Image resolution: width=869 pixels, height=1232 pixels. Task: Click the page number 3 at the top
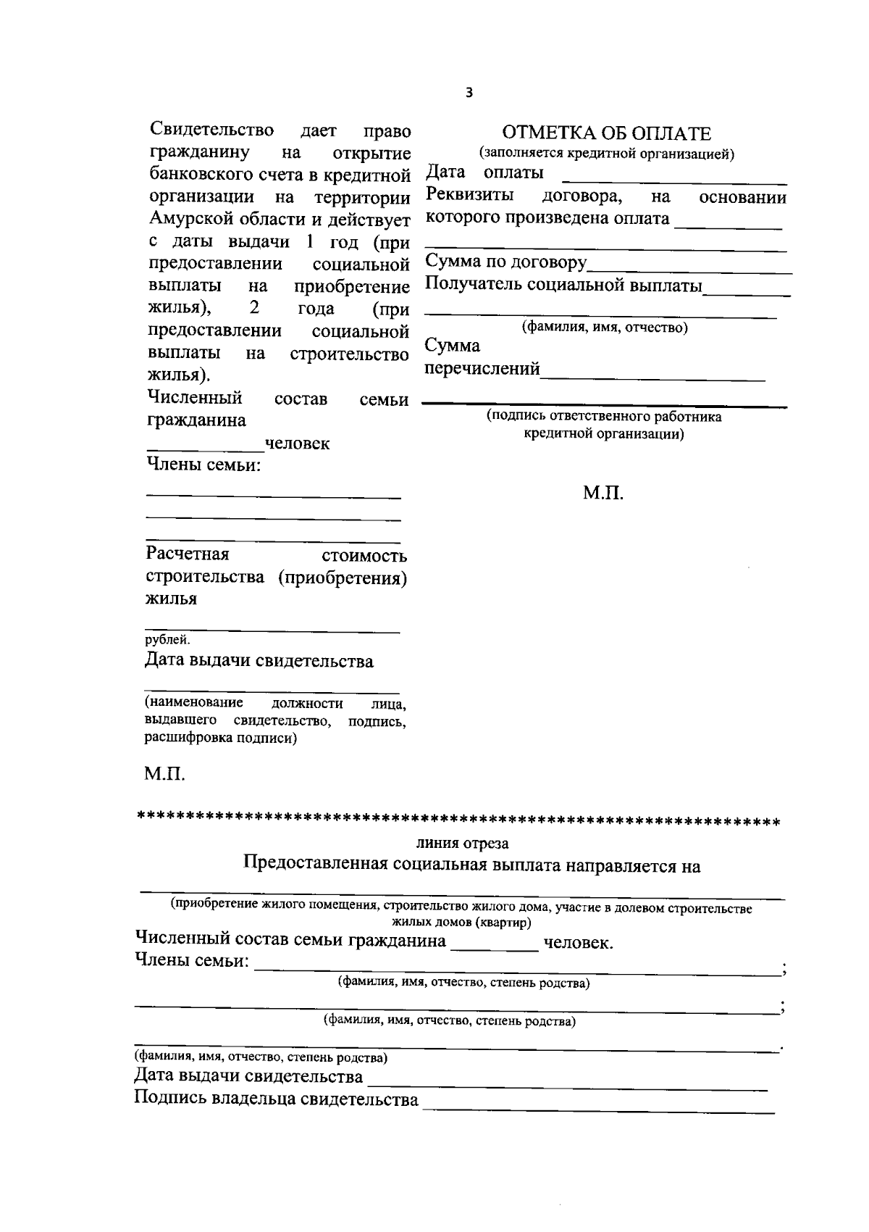pos(469,93)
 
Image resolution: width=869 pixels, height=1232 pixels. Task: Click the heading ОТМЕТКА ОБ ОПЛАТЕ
pos(606,133)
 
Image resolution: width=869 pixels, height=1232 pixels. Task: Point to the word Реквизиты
pos(470,196)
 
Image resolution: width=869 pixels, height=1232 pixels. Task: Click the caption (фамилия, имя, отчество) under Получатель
pos(605,328)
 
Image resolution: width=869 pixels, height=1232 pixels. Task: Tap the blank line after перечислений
pos(652,377)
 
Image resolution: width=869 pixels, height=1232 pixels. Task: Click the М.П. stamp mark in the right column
pos(603,494)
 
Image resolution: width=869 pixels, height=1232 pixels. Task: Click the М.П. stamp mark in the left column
pos(165,774)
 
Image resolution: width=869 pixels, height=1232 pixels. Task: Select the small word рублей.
pos(167,640)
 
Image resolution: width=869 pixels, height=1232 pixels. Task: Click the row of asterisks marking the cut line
pos(458,823)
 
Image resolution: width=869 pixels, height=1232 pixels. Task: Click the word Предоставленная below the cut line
pos(317,866)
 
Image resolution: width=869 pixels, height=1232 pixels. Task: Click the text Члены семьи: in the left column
pos(203,465)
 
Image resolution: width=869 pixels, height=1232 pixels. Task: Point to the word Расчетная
pos(188,554)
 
